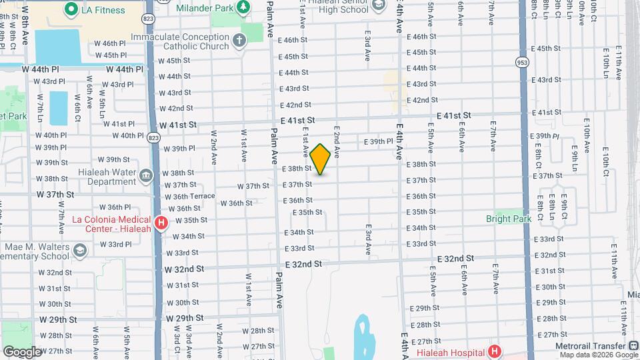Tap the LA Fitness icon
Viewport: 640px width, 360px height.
[x=71, y=9]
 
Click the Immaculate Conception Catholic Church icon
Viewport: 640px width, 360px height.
[x=239, y=41]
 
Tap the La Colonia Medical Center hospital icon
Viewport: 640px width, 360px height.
[x=160, y=223]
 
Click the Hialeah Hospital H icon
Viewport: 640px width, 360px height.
[x=494, y=351]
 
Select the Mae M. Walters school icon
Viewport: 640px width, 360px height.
[x=80, y=250]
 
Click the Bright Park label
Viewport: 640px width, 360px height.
[x=507, y=219]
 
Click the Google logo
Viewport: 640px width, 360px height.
[x=22, y=351]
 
